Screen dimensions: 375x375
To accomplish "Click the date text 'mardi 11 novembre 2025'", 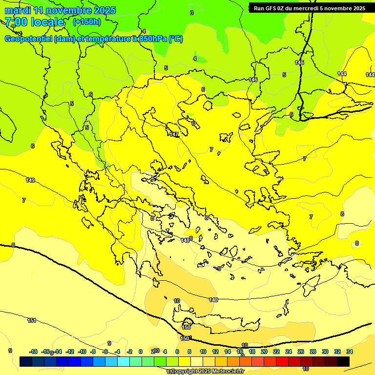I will [60, 10].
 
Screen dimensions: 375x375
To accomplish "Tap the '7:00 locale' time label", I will [34, 22].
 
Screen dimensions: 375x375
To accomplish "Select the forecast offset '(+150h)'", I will [86, 22].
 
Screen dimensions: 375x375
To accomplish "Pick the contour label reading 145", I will [299, 62].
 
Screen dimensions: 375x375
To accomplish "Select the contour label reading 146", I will [253, 80].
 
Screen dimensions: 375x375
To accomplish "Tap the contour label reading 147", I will [174, 134].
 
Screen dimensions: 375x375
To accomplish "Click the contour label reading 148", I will [185, 240].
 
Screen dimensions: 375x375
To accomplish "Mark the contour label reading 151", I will [31, 320].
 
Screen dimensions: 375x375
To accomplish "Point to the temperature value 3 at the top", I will [192, 13].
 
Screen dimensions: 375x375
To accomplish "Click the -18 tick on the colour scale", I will [33, 352].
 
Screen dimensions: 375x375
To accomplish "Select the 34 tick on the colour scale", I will [350, 352].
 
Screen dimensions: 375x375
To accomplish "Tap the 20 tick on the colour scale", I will [264, 352].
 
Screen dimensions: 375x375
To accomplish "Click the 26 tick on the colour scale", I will [300, 352].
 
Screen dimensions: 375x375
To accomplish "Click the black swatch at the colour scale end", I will [343, 362].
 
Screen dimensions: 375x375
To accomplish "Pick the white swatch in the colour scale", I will [197, 362].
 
